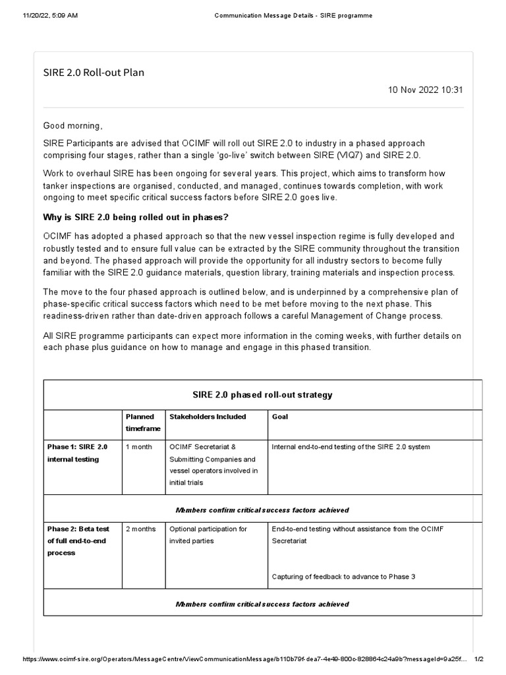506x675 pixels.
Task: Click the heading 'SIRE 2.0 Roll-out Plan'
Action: coord(94,73)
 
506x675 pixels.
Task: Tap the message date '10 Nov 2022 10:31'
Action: coord(426,90)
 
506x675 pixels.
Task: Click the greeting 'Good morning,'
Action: coord(73,125)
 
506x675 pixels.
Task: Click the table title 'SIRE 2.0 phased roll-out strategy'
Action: coord(262,395)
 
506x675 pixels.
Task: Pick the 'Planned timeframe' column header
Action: coord(140,423)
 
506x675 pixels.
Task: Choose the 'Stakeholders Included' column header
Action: coord(208,417)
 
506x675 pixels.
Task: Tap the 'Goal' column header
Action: coord(279,417)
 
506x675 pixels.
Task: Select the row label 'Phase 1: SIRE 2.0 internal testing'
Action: coord(77,453)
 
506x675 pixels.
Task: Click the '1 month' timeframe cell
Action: coord(139,447)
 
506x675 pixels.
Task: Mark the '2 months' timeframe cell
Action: coord(141,529)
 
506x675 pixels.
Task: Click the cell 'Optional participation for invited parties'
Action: coord(208,535)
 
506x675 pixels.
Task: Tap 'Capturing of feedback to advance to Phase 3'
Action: coord(343,577)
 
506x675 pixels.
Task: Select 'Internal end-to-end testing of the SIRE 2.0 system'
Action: coord(351,447)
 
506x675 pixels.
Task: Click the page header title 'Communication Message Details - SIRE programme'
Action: coord(293,15)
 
